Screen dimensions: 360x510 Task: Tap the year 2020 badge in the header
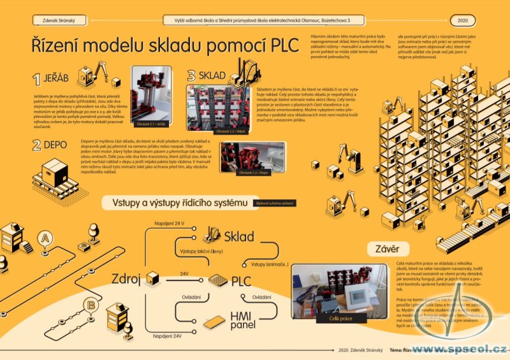pos(462,20)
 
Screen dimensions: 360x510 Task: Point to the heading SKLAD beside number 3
pos(212,76)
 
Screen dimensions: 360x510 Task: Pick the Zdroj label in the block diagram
pos(126,278)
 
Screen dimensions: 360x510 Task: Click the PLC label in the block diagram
pos(241,281)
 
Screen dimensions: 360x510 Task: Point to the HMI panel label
pos(243,320)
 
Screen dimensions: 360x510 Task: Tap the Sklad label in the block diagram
pos(239,237)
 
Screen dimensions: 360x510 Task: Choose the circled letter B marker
pos(92,306)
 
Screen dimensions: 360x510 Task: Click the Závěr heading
pos(385,248)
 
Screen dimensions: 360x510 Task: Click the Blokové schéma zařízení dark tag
pos(275,203)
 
